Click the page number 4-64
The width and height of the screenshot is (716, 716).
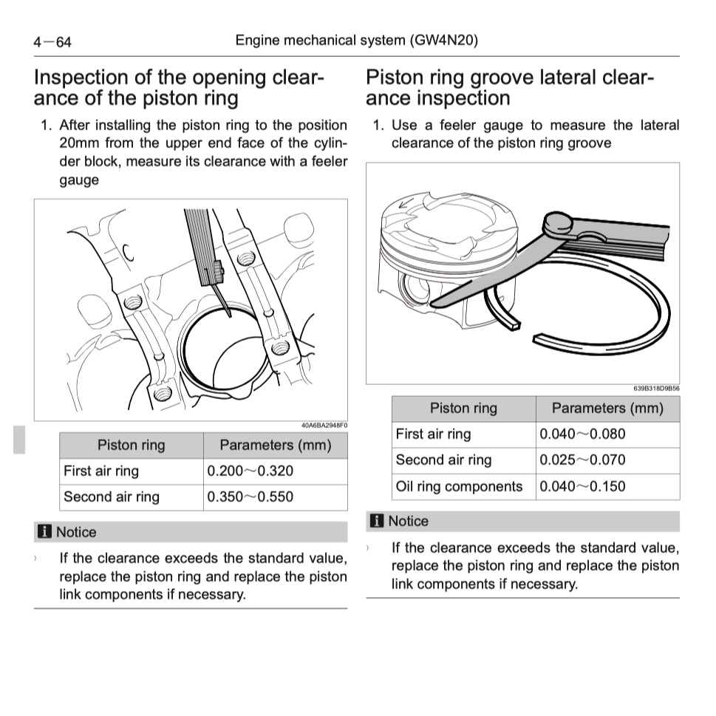coord(52,42)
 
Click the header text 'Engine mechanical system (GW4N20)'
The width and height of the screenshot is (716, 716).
coord(356,40)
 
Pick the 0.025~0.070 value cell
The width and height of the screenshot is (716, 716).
coord(582,460)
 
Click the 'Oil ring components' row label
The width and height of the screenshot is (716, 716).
coord(459,486)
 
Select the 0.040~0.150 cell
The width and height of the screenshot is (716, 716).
coord(582,486)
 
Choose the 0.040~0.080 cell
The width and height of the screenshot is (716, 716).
coord(582,434)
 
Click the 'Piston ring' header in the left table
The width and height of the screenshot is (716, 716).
coord(131,445)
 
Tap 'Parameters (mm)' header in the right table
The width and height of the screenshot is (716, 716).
coord(607,408)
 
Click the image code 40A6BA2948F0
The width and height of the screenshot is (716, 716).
coord(324,426)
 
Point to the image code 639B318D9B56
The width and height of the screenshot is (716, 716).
coord(656,389)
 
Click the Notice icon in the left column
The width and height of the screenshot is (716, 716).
coord(46,532)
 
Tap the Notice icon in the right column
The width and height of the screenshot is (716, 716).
coord(377,521)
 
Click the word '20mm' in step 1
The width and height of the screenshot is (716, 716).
coord(79,143)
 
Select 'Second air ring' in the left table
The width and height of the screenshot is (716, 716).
coord(112,497)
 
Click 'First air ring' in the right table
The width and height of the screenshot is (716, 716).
coord(433,434)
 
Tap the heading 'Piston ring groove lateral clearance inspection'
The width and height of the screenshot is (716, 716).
coord(510,87)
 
